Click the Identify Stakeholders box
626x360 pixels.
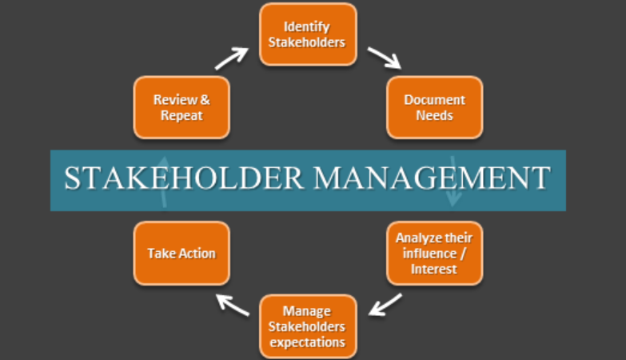click(308, 34)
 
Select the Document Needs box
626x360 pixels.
click(434, 107)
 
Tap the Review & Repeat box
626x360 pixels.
click(181, 107)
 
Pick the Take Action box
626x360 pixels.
click(181, 253)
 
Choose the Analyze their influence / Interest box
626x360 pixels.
click(434, 253)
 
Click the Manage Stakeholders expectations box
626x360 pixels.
click(308, 326)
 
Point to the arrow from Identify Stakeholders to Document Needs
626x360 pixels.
click(384, 58)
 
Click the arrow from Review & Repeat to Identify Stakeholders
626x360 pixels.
click(232, 58)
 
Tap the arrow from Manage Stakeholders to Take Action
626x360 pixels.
click(233, 304)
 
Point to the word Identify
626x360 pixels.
click(308, 27)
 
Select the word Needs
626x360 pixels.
click(434, 115)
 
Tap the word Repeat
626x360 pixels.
click(181, 115)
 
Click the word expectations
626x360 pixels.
click(308, 342)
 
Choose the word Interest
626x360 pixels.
click(434, 269)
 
